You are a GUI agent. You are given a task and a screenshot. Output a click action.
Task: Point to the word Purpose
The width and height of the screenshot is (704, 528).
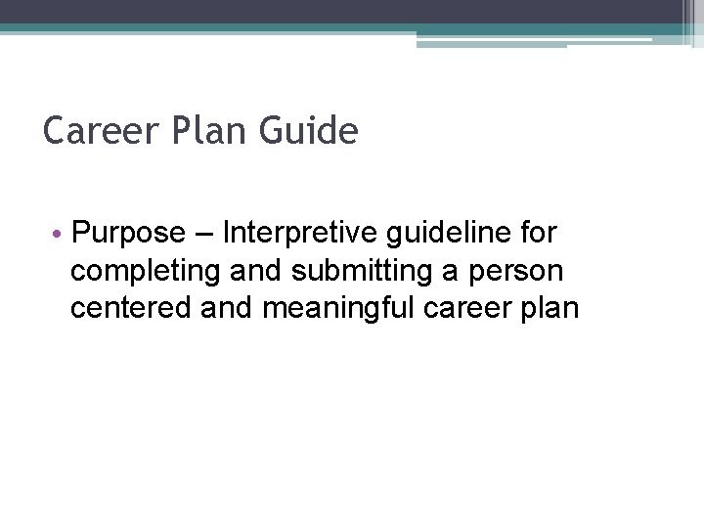coord(128,234)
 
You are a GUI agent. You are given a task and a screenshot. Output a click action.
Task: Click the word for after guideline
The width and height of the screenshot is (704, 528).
coord(539,234)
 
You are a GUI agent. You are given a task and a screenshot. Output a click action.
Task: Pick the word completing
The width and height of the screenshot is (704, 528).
coord(142,271)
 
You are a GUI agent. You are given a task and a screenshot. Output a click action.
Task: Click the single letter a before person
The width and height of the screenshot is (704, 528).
coord(438,271)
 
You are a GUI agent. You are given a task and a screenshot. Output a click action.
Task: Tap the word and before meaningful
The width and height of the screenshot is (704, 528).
coord(223,308)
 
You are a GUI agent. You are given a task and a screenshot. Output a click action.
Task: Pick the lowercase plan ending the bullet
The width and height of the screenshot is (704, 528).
coord(551,308)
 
